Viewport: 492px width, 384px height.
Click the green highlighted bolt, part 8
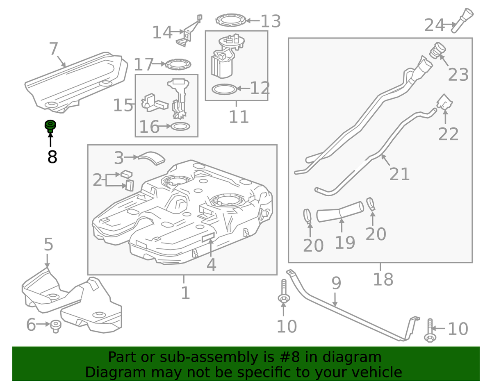click(50, 126)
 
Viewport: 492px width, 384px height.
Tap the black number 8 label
click(52, 157)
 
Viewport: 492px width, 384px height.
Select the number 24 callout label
click(434, 25)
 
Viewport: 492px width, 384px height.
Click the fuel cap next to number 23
click(437, 51)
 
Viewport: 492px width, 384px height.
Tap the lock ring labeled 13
click(232, 20)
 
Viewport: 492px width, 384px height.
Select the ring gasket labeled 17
click(178, 64)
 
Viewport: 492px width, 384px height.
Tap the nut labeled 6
click(55, 326)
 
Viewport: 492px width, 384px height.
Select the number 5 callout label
click(48, 245)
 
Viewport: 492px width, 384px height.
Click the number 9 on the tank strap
click(336, 283)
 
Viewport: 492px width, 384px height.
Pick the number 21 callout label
click(399, 174)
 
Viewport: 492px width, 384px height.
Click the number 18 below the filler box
click(383, 279)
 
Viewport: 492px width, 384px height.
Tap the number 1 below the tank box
click(185, 293)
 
